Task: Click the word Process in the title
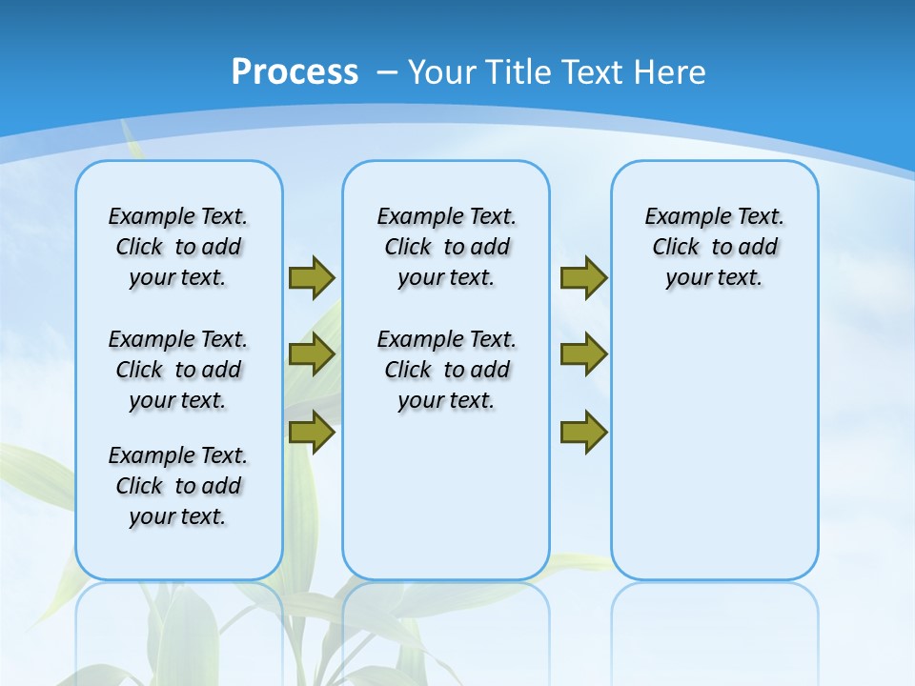pyautogui.click(x=295, y=71)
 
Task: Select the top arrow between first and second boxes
pyautogui.click(x=312, y=277)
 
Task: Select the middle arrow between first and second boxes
pyautogui.click(x=312, y=354)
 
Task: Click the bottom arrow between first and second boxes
pyautogui.click(x=312, y=432)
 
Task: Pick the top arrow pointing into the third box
pyautogui.click(x=583, y=277)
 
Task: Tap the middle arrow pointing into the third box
pyautogui.click(x=583, y=354)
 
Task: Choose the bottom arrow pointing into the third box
pyautogui.click(x=583, y=433)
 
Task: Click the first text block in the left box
pyautogui.click(x=178, y=247)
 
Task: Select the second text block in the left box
pyautogui.click(x=178, y=370)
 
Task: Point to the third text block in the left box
pyautogui.click(x=178, y=486)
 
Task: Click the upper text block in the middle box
pyautogui.click(x=446, y=247)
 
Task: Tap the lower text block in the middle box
pyautogui.click(x=446, y=370)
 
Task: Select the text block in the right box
pyautogui.click(x=714, y=247)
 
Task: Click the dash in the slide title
pyautogui.click(x=387, y=71)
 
